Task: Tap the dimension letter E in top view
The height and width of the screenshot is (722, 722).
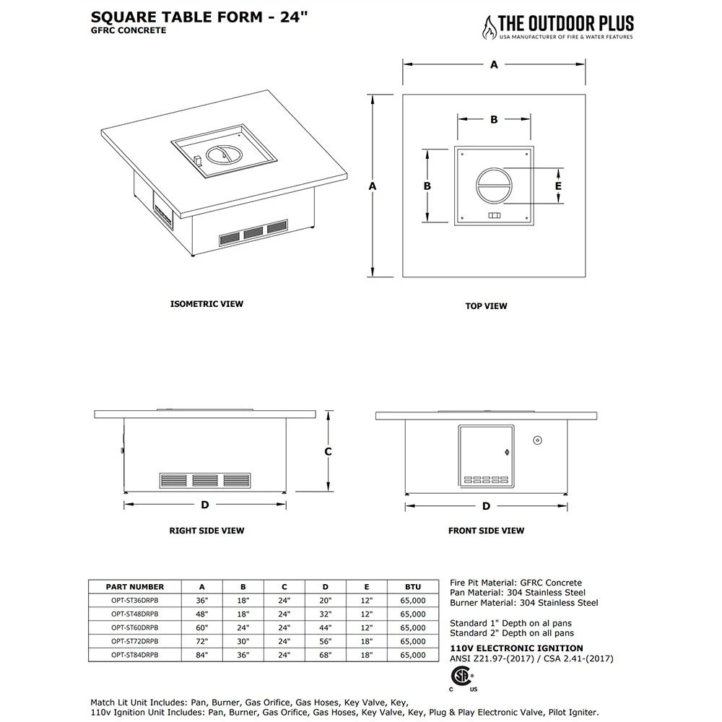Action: click(558, 186)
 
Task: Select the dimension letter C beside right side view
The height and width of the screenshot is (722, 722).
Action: click(327, 451)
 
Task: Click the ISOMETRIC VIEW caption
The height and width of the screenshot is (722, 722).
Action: click(206, 304)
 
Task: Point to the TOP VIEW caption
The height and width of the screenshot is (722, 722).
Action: click(486, 306)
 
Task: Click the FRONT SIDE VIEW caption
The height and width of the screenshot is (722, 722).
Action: click(486, 531)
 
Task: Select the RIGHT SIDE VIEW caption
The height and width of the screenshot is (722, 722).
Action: click(206, 531)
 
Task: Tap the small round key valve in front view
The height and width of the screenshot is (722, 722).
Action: click(537, 440)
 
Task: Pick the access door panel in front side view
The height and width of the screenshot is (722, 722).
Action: click(486, 456)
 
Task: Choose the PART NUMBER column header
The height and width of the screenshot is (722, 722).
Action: click(134, 587)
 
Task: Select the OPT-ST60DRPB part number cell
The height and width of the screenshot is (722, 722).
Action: click(134, 628)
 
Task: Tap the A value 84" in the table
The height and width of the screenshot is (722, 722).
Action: click(201, 655)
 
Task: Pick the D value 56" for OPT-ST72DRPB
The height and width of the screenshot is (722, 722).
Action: click(326, 641)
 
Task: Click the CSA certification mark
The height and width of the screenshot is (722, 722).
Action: click(459, 677)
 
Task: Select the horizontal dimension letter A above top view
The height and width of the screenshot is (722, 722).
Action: click(494, 64)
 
